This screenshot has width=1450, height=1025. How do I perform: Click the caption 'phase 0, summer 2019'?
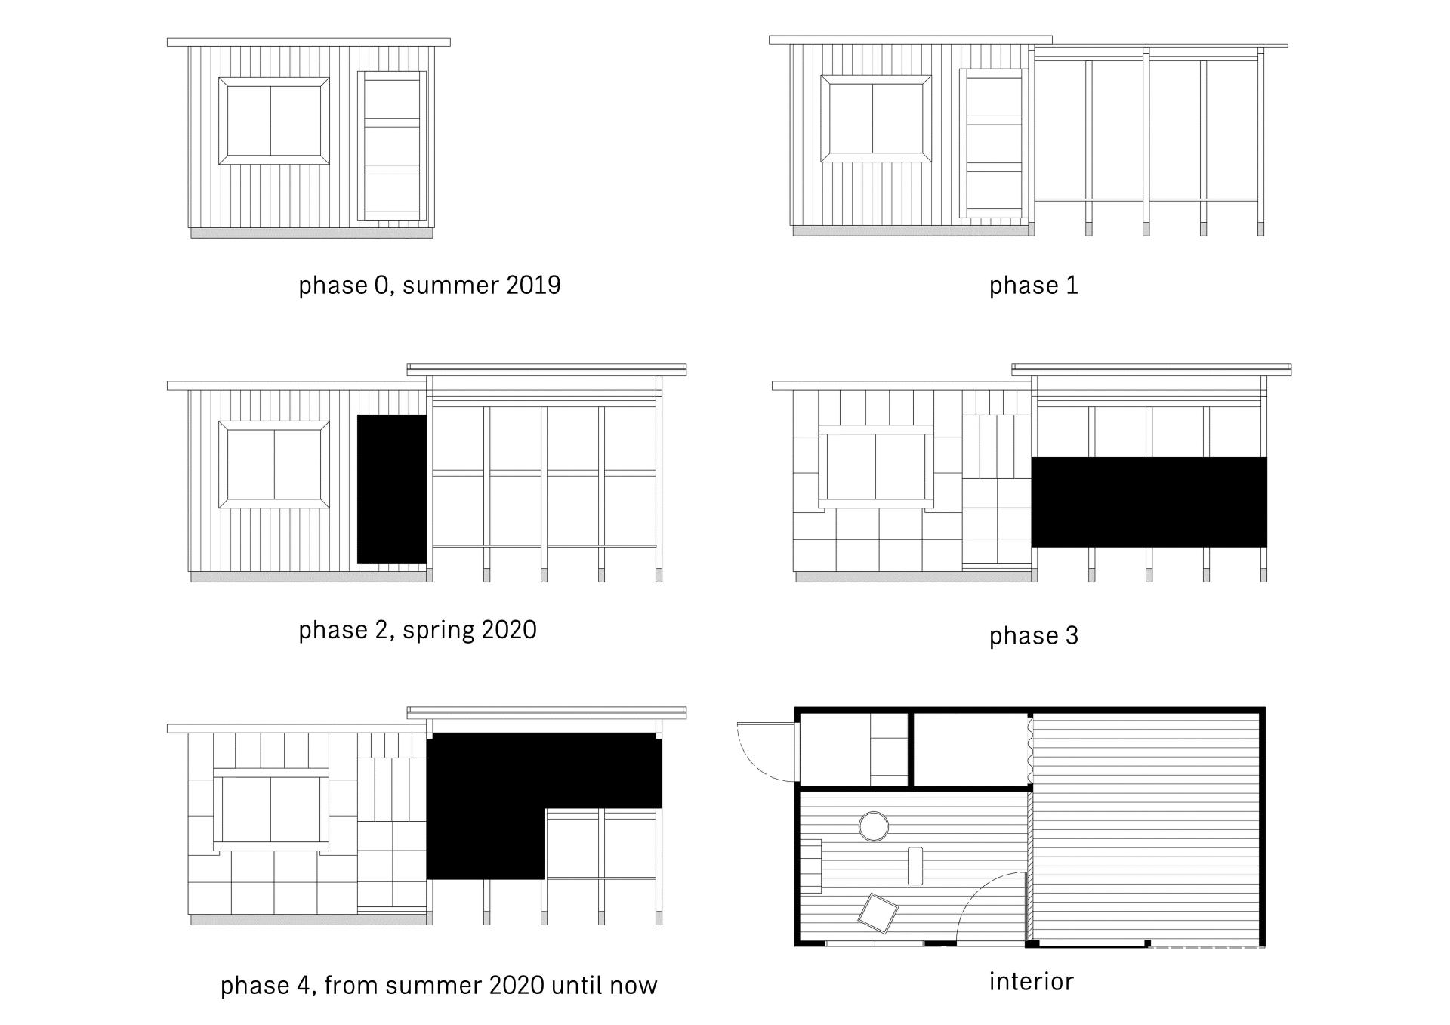pyautogui.click(x=429, y=286)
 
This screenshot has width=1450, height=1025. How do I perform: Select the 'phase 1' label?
pyautogui.click(x=1033, y=286)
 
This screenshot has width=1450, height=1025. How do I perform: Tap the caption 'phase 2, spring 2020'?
pyautogui.click(x=418, y=630)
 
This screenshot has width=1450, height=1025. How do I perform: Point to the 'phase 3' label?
pyautogui.click(x=1033, y=636)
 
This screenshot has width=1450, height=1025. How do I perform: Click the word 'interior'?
pyautogui.click(x=1031, y=981)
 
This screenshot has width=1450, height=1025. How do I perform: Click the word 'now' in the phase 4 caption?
pyautogui.click(x=636, y=986)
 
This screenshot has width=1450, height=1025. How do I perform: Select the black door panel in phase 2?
pyautogui.click(x=391, y=489)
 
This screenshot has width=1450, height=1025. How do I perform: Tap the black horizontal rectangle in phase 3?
pyautogui.click(x=1149, y=502)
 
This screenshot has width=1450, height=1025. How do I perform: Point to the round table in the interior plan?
pyautogui.click(x=874, y=826)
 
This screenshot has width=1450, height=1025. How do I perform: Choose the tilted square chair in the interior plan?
pyautogui.click(x=878, y=913)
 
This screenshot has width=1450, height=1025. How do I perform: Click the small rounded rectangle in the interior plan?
pyautogui.click(x=915, y=866)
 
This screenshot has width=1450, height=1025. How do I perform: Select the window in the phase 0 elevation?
pyautogui.click(x=274, y=120)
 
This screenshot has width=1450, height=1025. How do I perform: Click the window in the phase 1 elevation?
pyautogui.click(x=876, y=118)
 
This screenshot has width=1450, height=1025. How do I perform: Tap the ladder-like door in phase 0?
pyautogui.click(x=392, y=146)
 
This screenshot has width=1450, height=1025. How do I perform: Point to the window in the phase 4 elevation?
pyautogui.click(x=271, y=810)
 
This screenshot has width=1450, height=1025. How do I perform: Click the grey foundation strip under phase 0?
pyautogui.click(x=312, y=233)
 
